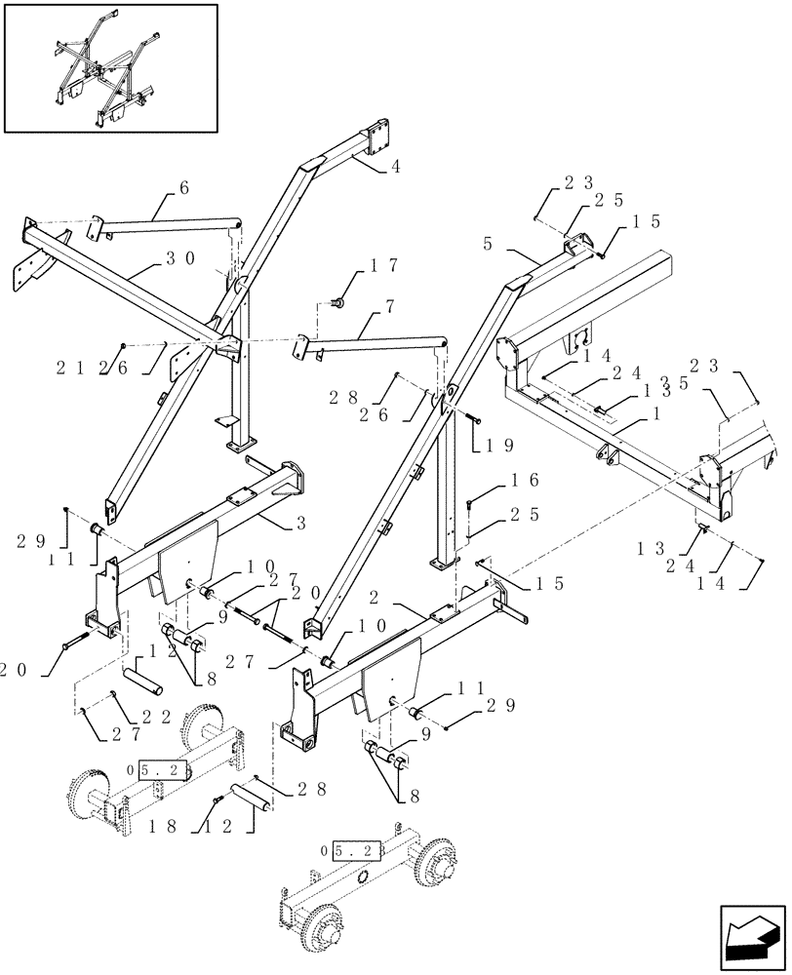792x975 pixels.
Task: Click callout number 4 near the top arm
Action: (395, 166)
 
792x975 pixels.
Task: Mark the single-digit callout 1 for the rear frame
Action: (638, 413)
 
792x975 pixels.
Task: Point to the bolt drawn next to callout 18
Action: (216, 801)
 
